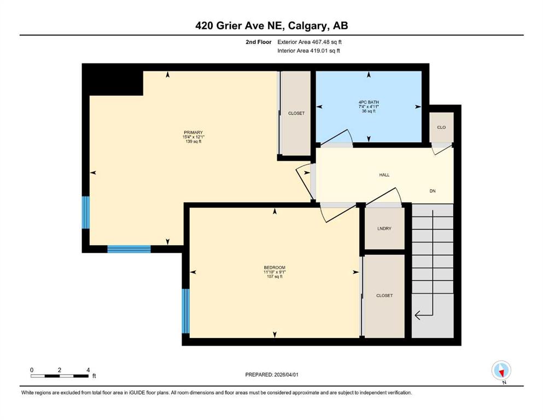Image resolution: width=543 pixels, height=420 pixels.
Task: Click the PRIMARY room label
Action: point(193,132)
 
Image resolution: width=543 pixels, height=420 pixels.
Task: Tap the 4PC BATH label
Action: point(369,102)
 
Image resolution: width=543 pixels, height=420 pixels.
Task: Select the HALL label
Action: point(384,175)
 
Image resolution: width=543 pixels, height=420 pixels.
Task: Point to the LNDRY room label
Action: point(384,229)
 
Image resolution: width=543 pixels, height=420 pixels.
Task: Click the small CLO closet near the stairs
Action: point(441,127)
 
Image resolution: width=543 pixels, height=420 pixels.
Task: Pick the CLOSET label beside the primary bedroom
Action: point(296,113)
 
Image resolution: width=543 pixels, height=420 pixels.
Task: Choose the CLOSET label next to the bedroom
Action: point(384,295)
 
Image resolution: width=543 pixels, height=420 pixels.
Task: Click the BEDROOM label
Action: point(275,267)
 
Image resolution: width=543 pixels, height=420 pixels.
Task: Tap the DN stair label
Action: point(433,191)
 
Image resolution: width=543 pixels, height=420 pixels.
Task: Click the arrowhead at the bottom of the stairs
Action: point(417,315)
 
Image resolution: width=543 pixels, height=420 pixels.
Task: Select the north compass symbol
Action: point(501,371)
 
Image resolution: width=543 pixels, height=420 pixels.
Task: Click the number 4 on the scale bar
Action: point(88,370)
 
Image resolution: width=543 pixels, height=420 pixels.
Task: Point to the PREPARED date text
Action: point(271,375)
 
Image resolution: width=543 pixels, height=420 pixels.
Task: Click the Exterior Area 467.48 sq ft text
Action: point(310,42)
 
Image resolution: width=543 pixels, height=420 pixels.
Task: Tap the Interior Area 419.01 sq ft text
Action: point(308,50)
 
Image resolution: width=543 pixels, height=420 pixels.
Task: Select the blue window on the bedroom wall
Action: point(186,311)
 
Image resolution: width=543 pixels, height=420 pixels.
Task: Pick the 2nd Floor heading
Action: point(258,42)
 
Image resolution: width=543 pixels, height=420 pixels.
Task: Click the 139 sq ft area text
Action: point(193,141)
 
